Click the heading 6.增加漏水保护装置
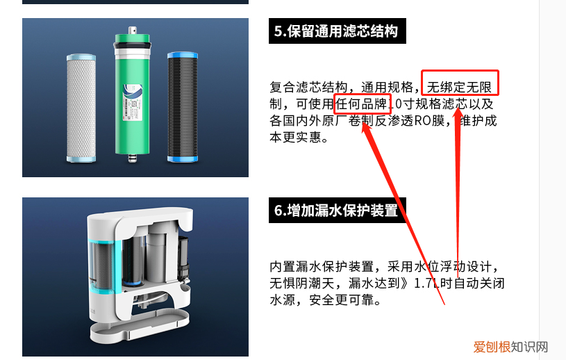(x=336, y=210)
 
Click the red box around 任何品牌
(x=361, y=104)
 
